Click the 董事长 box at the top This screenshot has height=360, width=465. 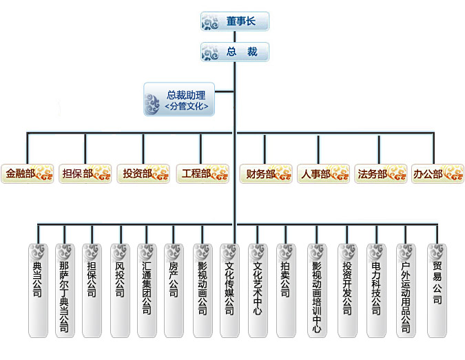[x=234, y=21]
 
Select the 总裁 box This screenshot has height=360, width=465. [x=234, y=52]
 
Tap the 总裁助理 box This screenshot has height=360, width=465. [x=179, y=99]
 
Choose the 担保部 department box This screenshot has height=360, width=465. [x=85, y=173]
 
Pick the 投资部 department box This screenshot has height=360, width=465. [x=143, y=173]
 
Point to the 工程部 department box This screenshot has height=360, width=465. [x=203, y=173]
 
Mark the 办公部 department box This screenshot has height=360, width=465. [x=437, y=173]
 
